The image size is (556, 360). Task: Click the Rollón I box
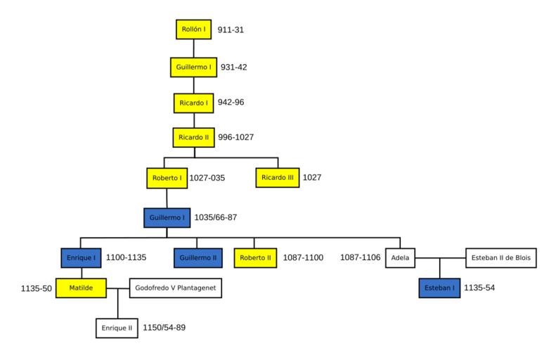pyautogui.click(x=193, y=30)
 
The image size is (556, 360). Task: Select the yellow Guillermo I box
pyautogui.click(x=193, y=67)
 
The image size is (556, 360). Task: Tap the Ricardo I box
pyautogui.click(x=193, y=103)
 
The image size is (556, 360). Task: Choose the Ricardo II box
pyautogui.click(x=193, y=138)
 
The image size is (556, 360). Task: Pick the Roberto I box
pyautogui.click(x=167, y=178)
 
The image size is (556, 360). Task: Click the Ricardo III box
pyautogui.click(x=277, y=178)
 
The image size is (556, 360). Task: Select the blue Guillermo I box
pyautogui.click(x=167, y=217)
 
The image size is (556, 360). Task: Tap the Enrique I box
pyautogui.click(x=79, y=257)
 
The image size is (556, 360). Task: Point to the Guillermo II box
pyautogui.click(x=197, y=258)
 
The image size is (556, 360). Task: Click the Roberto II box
pyautogui.click(x=255, y=258)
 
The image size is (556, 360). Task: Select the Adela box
pyautogui.click(x=400, y=258)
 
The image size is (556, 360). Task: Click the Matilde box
pyautogui.click(x=79, y=288)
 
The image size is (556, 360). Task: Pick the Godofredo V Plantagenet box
pyautogui.click(x=176, y=288)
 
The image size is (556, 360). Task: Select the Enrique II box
pyautogui.click(x=117, y=328)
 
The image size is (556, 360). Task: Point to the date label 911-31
pyautogui.click(x=231, y=30)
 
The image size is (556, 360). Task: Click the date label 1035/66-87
pyautogui.click(x=215, y=217)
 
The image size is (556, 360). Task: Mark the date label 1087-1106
pyautogui.click(x=360, y=258)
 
